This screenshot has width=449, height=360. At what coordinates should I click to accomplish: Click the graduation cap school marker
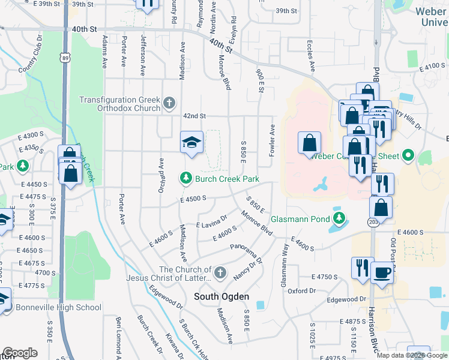coord(192,142)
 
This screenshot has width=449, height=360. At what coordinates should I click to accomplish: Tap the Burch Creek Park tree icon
coord(186,178)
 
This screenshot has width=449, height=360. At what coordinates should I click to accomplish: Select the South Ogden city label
coord(221,296)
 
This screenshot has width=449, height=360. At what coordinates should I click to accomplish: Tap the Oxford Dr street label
coord(301,291)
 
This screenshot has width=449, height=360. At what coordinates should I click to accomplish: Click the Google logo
coord(20,353)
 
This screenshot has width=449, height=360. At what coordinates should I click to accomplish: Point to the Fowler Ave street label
coord(273,140)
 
